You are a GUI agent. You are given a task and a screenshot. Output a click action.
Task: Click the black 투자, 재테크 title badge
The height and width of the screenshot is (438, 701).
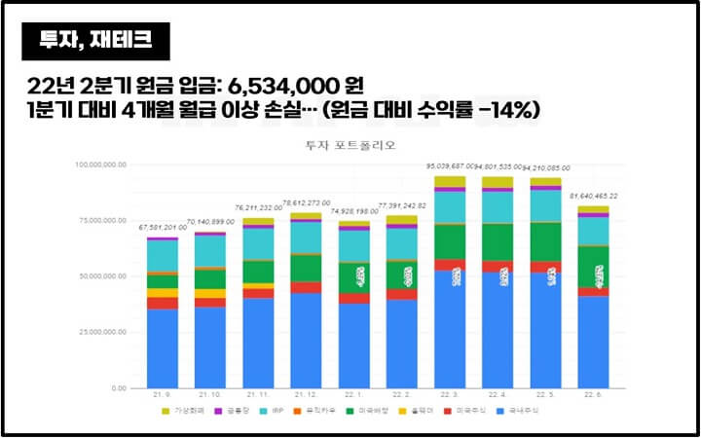[95, 41]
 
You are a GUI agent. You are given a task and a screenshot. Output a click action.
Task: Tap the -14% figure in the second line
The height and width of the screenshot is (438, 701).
[507, 109]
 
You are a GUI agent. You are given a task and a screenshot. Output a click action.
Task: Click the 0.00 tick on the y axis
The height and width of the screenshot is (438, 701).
[118, 387]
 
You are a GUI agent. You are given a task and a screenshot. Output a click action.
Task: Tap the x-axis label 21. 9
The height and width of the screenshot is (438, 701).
[163, 394]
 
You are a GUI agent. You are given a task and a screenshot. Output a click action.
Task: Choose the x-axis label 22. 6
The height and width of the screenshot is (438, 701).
[594, 394]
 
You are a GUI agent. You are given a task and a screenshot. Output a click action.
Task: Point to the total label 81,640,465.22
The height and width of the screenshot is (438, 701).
[594, 196]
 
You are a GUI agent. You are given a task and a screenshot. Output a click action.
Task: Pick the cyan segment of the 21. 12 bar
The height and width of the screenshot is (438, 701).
[306, 237]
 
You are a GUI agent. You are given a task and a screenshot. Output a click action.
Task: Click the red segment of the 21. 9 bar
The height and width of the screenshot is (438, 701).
[163, 303]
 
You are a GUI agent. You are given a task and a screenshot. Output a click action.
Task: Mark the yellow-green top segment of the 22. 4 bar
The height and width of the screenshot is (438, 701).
[498, 182]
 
